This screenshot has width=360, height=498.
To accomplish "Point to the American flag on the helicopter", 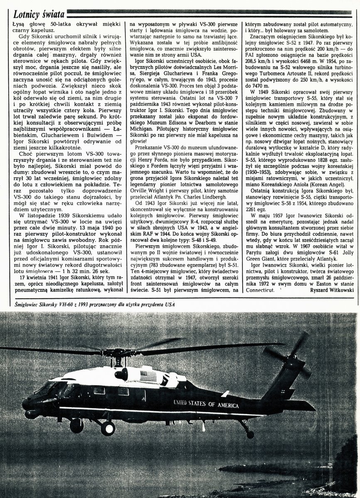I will tap(149, 377).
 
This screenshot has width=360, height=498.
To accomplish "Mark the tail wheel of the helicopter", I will tap(250, 434).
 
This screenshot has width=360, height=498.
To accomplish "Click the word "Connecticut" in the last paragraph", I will tap(260, 290).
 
